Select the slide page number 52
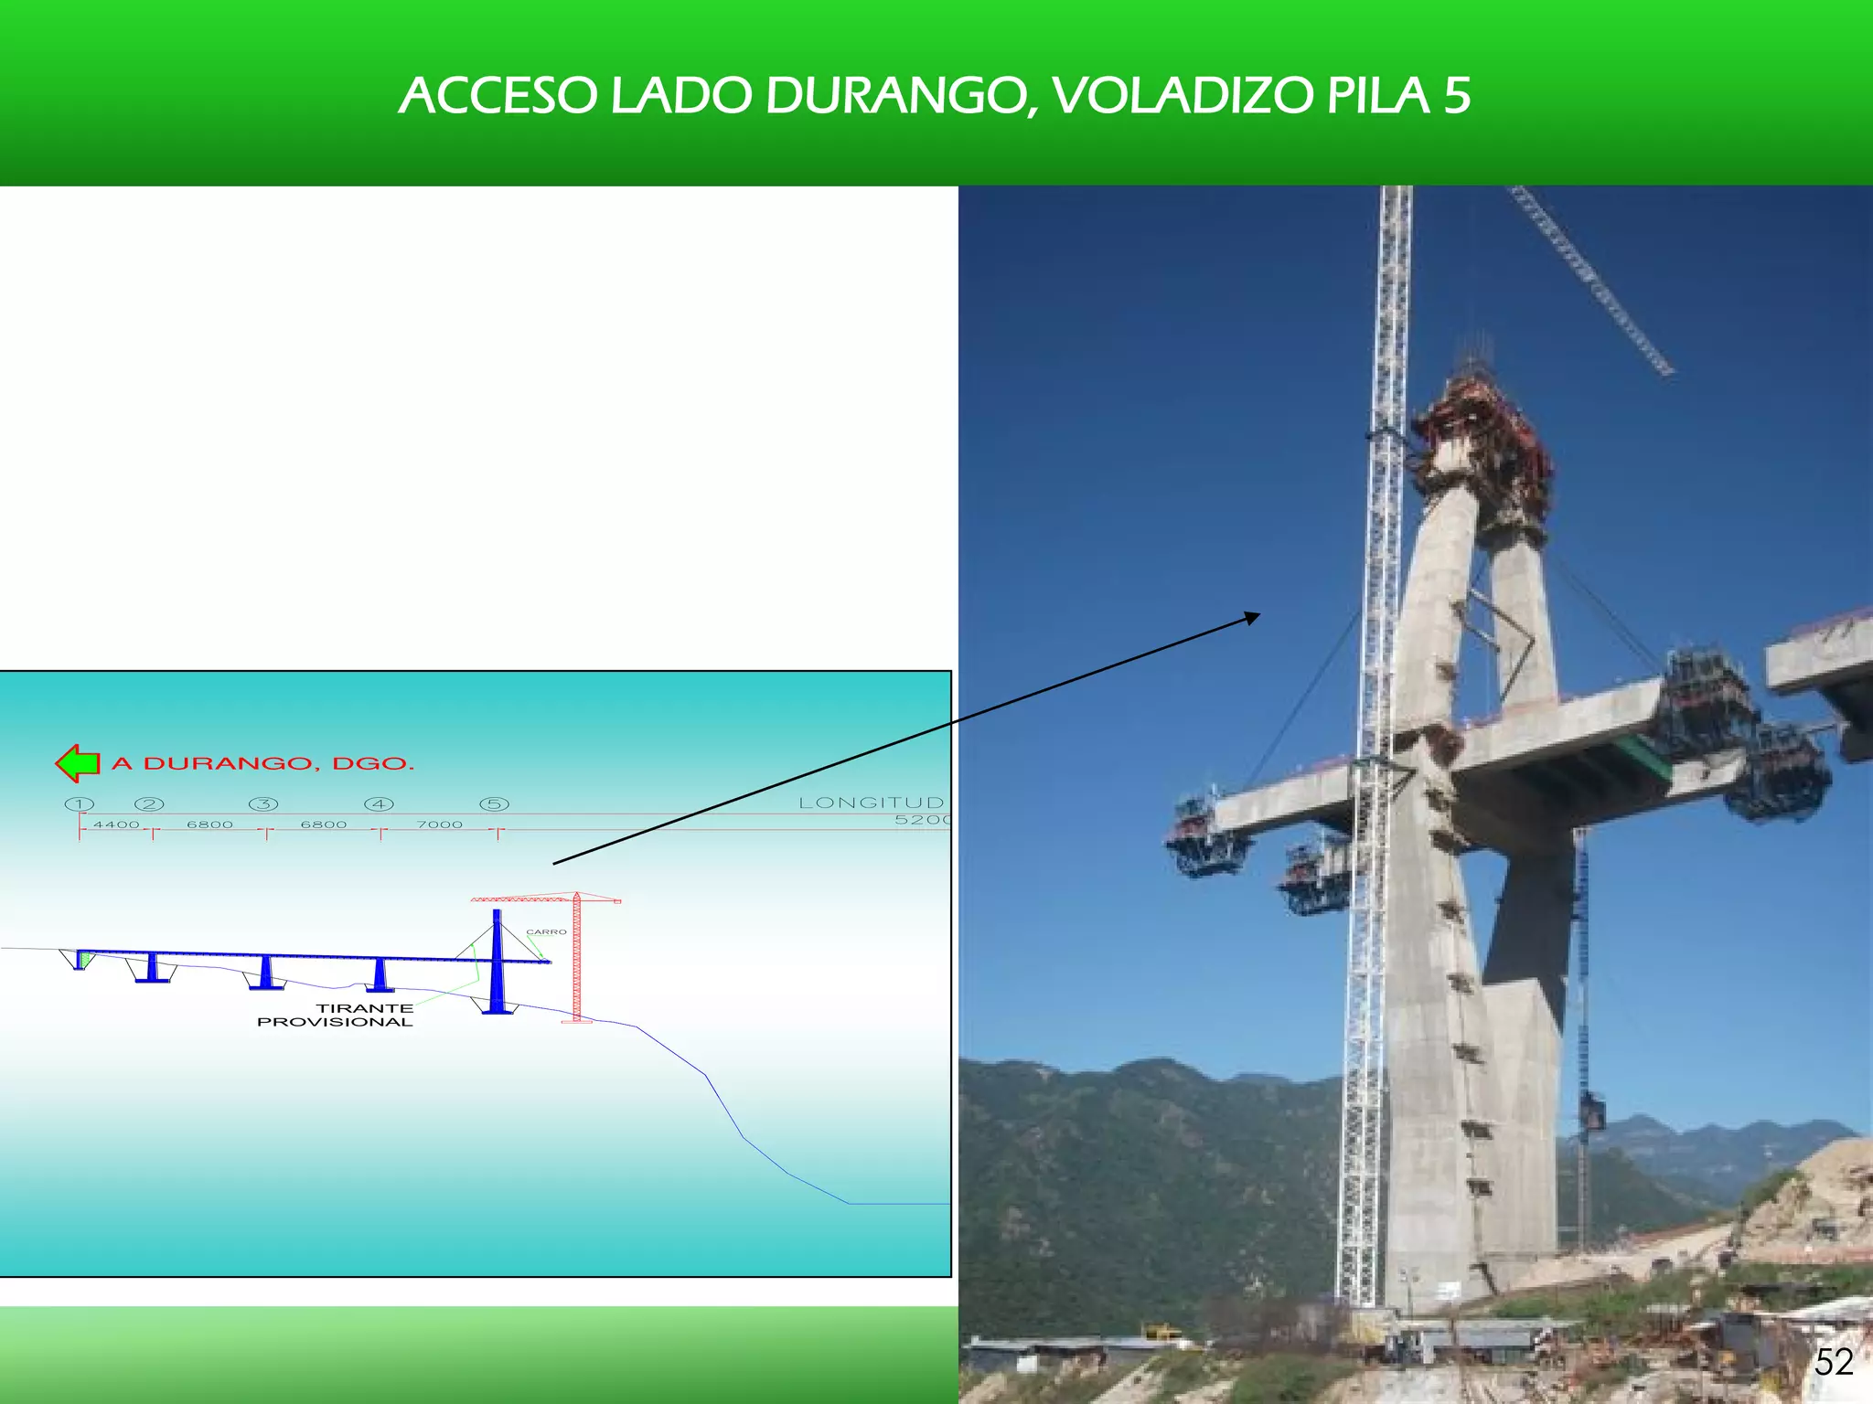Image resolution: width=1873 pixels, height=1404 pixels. pyautogui.click(x=1833, y=1363)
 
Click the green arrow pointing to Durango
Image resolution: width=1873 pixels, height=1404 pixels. pyautogui.click(x=77, y=763)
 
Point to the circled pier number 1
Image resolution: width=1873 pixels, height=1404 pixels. pyautogui.click(x=80, y=804)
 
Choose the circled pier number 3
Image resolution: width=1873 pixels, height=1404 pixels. pyautogui.click(x=263, y=804)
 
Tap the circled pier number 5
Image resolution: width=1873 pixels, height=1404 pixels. pyautogui.click(x=494, y=804)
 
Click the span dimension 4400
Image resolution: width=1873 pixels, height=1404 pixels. pyautogui.click(x=116, y=824)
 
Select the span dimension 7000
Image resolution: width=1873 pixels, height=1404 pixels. pyautogui.click(x=440, y=824)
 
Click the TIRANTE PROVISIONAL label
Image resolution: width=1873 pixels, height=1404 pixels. pyautogui.click(x=336, y=1015)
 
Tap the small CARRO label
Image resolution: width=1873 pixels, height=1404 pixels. pyautogui.click(x=546, y=932)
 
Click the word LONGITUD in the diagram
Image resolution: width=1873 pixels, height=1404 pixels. pyautogui.click(x=871, y=803)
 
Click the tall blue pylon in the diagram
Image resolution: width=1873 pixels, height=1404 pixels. pyautogui.click(x=497, y=960)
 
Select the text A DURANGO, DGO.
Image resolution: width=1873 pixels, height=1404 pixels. pyautogui.click(x=263, y=763)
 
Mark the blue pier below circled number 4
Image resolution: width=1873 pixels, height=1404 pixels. pyautogui.click(x=380, y=974)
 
